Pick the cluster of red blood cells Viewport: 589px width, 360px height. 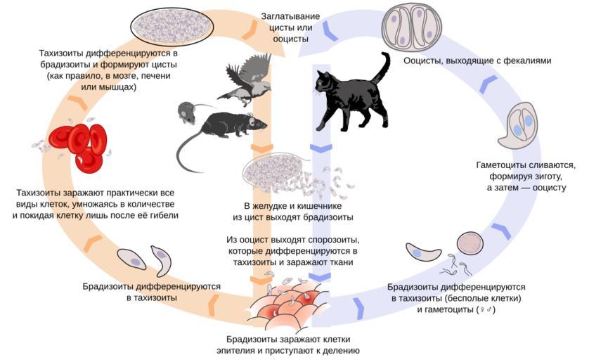coord(83,146)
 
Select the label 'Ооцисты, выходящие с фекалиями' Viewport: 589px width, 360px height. coord(477,61)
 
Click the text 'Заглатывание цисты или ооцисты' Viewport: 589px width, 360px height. coord(291,27)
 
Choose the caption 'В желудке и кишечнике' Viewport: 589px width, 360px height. coord(292,206)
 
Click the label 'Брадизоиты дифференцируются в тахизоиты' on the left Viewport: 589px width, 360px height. coord(151,292)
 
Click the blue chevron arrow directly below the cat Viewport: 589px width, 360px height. coord(321,148)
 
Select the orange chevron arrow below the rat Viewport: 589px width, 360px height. coord(262,148)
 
